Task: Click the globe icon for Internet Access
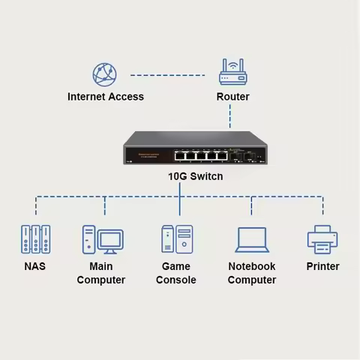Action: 105,74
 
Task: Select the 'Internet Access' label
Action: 106,97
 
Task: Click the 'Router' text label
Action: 232,97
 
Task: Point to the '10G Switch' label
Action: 180,177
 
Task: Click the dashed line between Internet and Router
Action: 169,75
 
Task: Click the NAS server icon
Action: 35,238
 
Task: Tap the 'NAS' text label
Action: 35,266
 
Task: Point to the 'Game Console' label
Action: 176,273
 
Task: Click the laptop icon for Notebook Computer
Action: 252,239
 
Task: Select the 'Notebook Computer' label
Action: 252,273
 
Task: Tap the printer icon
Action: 322,238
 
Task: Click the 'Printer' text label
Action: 322,266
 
